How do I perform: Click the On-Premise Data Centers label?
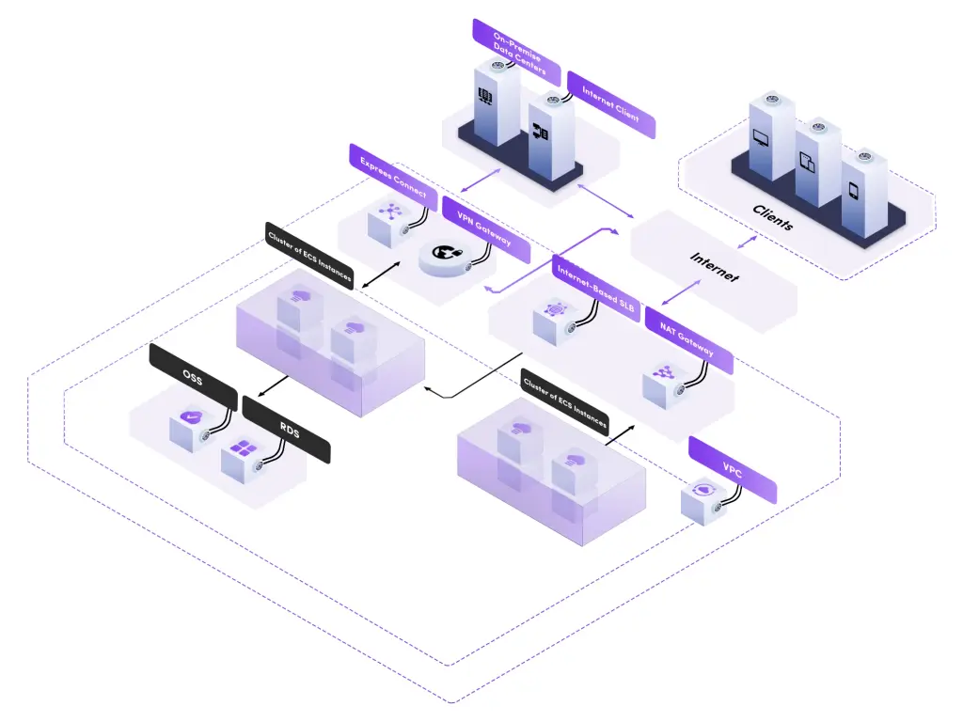click(516, 53)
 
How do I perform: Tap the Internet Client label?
click(611, 104)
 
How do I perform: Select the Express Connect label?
click(393, 177)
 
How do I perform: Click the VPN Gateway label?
click(486, 229)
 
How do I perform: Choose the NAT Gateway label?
click(689, 340)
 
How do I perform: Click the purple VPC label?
click(733, 470)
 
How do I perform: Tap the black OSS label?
click(193, 377)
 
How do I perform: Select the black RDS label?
click(287, 430)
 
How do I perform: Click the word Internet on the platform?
click(715, 266)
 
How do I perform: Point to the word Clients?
click(773, 217)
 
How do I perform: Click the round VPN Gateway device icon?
click(449, 258)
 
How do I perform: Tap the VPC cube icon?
click(703, 501)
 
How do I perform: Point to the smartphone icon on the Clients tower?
click(853, 190)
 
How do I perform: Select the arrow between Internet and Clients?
click(747, 242)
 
